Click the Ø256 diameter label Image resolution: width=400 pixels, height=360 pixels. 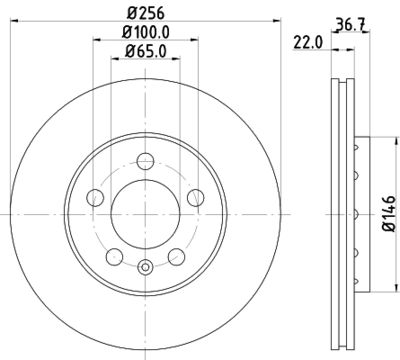coord(146,14)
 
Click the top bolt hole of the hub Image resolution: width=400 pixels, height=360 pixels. coord(146,161)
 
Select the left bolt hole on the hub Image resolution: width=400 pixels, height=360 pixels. coord(98,196)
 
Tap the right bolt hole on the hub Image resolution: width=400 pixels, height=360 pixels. coord(194,196)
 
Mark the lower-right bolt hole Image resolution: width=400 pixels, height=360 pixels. coord(176,252)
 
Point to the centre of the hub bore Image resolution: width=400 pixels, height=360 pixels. coord(146,211)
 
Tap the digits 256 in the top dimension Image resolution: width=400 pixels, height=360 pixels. coord(151,14)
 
